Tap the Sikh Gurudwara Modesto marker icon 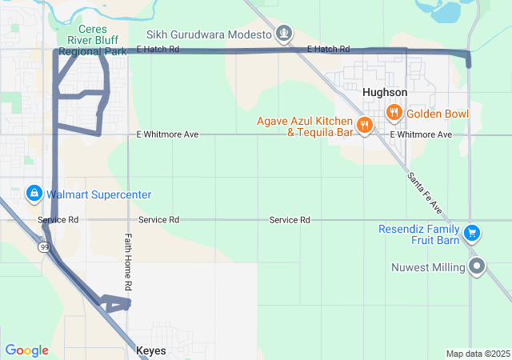coord(283,34)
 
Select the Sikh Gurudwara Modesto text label coord(209,34)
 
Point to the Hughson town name coord(385,92)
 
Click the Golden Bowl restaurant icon coord(394,114)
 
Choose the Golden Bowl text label coord(438,114)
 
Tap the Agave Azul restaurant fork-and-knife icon coord(364,124)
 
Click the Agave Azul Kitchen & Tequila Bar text coord(305,126)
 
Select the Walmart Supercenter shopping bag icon coord(34,194)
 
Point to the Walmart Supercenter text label coord(98,194)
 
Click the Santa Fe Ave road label coord(425,193)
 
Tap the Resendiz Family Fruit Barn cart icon coord(472,233)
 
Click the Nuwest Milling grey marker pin coord(478,266)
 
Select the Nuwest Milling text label coord(428,266)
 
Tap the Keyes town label coord(151,350)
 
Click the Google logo coord(26,350)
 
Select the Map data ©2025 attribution coord(477,354)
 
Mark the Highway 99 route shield coord(44,247)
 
